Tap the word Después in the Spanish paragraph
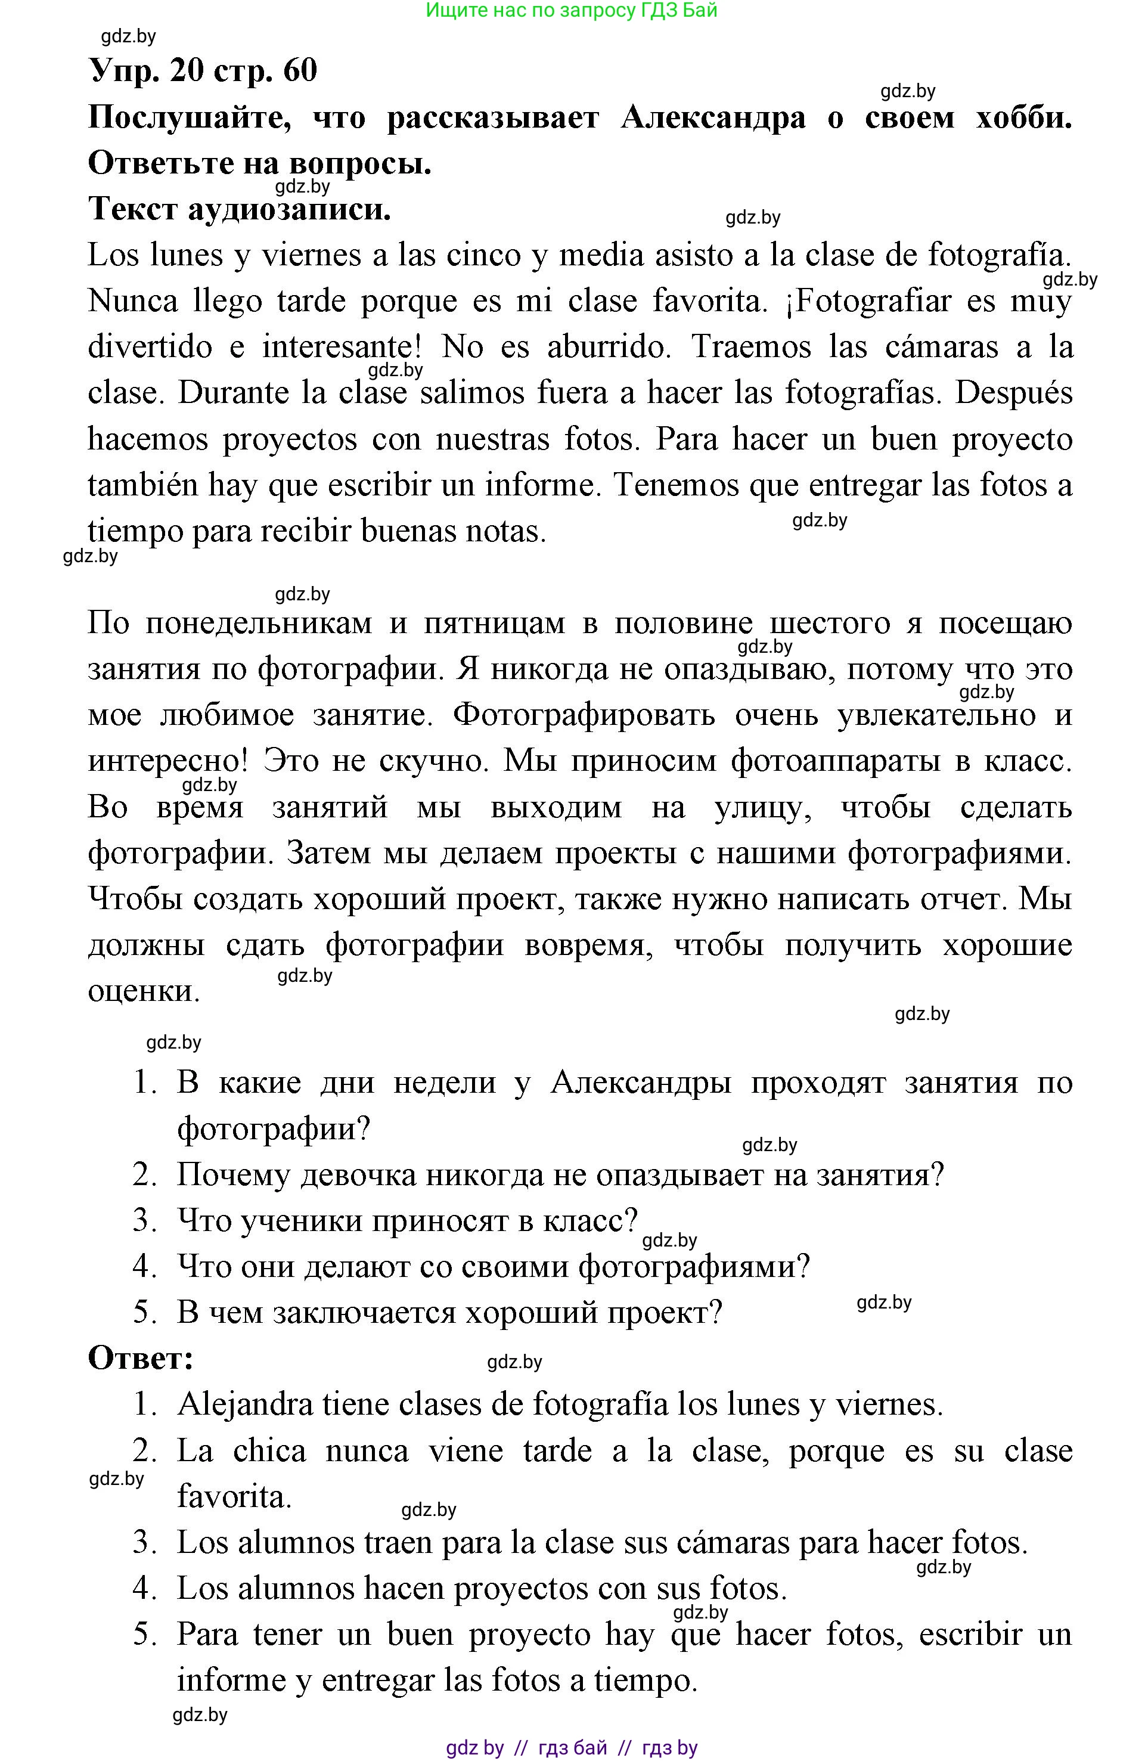[x=1013, y=393]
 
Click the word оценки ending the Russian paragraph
[x=143, y=991]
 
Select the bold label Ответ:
[x=141, y=1359]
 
